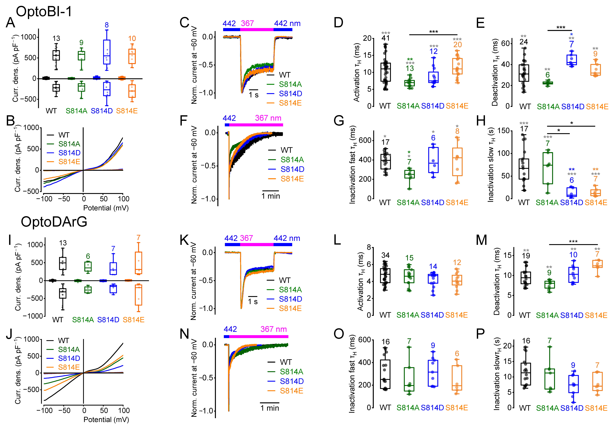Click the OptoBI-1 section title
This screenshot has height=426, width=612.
[x=44, y=12]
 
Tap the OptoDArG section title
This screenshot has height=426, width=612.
[x=54, y=222]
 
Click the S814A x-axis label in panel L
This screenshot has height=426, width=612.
[x=408, y=315]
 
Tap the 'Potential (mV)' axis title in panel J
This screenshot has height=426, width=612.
[x=106, y=420]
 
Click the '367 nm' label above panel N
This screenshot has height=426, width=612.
[x=273, y=329]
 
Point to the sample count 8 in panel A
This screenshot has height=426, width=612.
[x=107, y=25]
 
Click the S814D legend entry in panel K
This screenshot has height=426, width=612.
[x=290, y=299]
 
